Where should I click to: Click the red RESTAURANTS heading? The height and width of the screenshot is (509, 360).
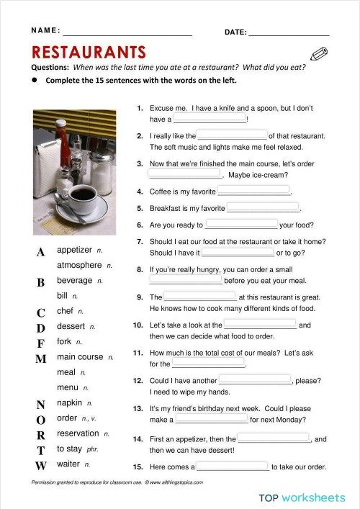point(89,52)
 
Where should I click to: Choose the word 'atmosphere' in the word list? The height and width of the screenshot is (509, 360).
point(79,265)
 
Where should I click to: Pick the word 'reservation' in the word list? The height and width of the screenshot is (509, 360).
point(78,433)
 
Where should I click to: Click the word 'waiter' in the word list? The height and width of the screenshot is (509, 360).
point(68,464)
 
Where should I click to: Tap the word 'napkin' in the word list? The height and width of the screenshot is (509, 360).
point(69,402)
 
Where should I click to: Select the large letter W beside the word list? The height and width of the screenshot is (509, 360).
point(41,466)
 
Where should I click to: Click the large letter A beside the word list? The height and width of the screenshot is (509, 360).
point(40,252)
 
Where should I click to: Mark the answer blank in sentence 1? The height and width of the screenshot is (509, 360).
point(210,118)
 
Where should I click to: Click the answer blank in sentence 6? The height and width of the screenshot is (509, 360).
point(241,224)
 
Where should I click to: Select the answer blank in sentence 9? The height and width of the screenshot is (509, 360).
point(200,296)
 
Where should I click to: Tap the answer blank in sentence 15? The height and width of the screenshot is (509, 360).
point(233,466)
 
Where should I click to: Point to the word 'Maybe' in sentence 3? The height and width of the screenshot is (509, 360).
point(239,175)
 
